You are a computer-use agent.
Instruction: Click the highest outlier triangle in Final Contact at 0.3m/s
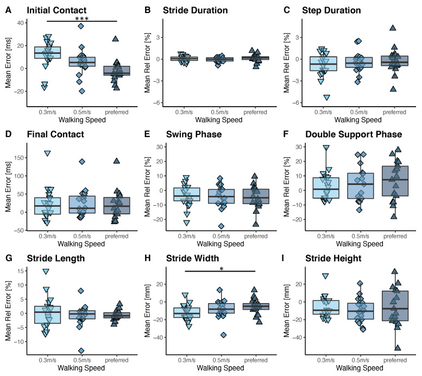(47, 153)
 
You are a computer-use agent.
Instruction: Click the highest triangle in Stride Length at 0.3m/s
(47, 272)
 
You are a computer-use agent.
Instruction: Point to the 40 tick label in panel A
(17, 22)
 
